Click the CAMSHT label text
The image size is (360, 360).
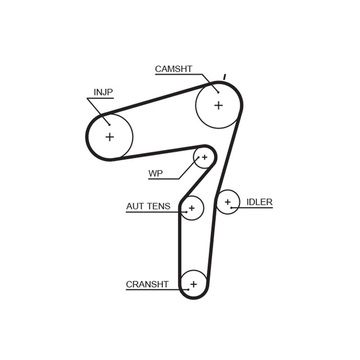tap(174, 69)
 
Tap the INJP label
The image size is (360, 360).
tap(103, 92)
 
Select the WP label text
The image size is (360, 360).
tap(155, 173)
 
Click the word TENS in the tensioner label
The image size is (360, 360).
tap(158, 206)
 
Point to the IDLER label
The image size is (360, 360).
tap(260, 202)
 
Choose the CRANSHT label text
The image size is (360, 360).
tap(147, 284)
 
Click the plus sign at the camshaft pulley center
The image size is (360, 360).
tap(219, 105)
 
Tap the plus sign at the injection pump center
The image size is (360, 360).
tap(110, 137)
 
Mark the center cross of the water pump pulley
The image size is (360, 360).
tap(205, 157)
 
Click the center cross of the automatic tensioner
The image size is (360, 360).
tap(192, 208)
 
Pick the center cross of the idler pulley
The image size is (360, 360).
tap(228, 202)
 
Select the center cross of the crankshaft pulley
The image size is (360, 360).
tap(194, 284)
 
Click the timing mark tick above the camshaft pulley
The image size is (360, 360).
tap(225, 77)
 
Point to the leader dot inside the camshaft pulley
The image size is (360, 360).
tap(218, 92)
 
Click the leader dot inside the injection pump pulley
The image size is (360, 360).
tap(109, 125)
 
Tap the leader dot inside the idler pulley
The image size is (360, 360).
tap(231, 208)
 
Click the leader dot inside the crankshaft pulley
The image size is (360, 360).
tap(188, 289)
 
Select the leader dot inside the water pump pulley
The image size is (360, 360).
tap(198, 157)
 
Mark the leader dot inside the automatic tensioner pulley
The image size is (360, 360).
tap(186, 212)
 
